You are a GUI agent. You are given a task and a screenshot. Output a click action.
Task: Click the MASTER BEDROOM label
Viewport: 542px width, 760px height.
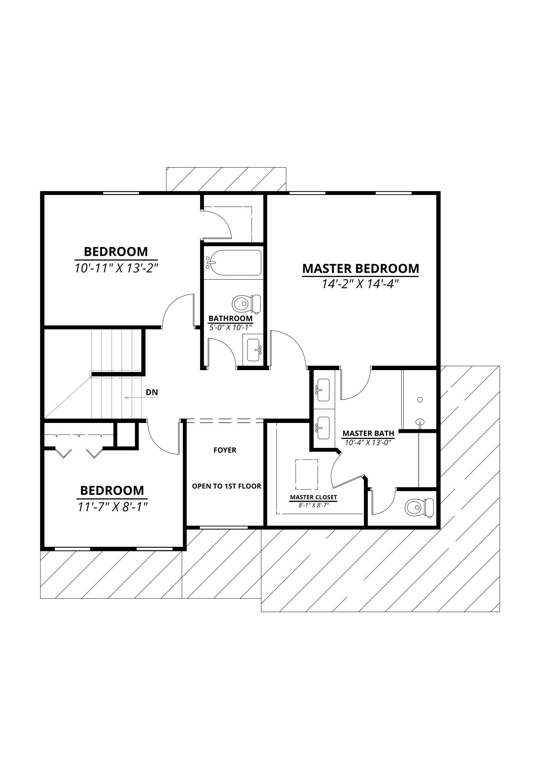(x=360, y=268)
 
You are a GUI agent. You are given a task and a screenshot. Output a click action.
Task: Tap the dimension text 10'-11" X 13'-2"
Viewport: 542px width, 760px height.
(x=116, y=268)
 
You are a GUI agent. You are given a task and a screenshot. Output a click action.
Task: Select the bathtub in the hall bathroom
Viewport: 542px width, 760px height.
(x=233, y=263)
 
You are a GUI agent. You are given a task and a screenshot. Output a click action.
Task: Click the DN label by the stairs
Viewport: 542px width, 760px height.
(x=152, y=393)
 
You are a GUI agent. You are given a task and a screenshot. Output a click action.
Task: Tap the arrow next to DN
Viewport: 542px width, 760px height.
(x=132, y=398)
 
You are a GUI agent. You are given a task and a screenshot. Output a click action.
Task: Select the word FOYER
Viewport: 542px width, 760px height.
(x=225, y=450)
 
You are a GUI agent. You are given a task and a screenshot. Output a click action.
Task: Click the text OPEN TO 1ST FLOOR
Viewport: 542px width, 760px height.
(x=226, y=486)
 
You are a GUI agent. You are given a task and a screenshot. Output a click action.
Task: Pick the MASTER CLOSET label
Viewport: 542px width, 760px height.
(x=314, y=497)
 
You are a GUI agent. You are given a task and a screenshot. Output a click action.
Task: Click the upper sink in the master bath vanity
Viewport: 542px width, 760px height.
(x=323, y=390)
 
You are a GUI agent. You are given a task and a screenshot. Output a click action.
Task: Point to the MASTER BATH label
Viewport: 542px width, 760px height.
(x=368, y=433)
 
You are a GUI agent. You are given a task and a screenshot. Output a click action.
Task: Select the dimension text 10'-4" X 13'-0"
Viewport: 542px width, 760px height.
(x=368, y=442)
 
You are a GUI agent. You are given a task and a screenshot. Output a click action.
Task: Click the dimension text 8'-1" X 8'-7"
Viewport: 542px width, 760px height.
(x=314, y=505)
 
